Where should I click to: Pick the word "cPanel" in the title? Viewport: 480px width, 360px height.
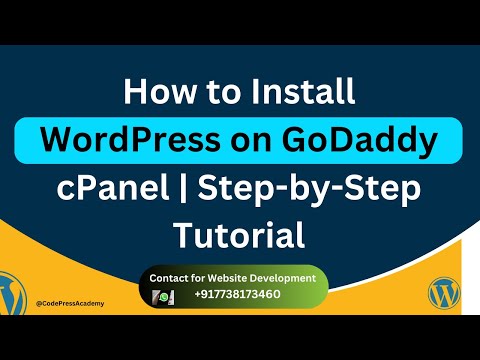point(104,188)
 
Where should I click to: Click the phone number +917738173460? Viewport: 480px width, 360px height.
point(237,297)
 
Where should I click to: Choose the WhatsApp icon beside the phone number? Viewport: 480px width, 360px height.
point(164,297)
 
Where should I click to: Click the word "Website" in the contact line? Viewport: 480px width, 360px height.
point(237,277)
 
